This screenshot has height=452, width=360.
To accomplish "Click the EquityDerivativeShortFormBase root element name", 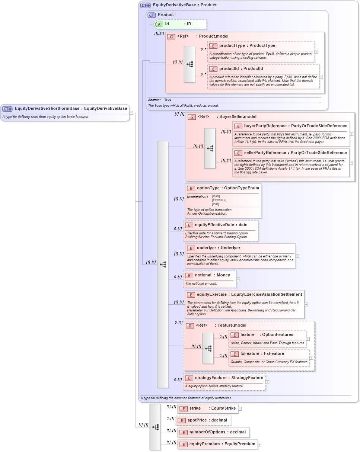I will [x=47, y=109].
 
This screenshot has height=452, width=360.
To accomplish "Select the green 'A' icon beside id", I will [x=159, y=24].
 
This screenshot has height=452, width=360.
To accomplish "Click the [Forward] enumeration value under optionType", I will [x=219, y=200].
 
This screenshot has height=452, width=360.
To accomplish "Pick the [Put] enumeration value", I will [x=215, y=204].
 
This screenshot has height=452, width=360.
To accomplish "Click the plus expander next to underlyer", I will [x=297, y=256].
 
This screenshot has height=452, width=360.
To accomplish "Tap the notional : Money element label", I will [x=213, y=275].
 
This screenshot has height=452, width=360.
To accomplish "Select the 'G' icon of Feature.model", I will [x=190, y=326].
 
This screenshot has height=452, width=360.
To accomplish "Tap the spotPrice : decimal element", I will [x=207, y=420].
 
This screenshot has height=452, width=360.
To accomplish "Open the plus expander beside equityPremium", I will [x=259, y=444].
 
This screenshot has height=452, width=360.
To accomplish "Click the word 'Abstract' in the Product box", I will [x=154, y=100].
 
